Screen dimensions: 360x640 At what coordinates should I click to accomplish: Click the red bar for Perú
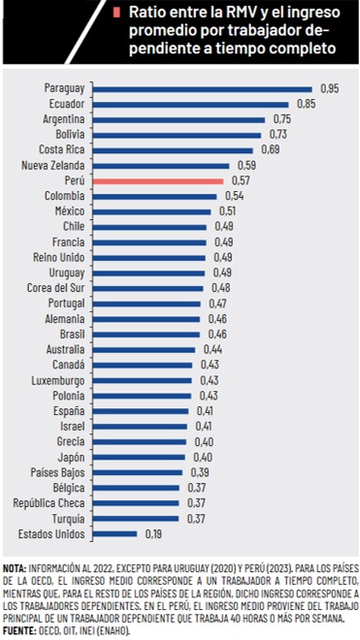click(158, 181)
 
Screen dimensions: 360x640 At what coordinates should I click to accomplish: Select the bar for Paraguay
click(203, 89)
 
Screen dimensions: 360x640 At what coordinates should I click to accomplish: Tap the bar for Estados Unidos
click(115, 533)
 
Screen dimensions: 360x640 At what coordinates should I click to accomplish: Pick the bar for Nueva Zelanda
click(161, 166)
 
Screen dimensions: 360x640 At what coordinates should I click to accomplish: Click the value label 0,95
click(329, 88)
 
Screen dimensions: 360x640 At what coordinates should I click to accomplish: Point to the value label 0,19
click(153, 533)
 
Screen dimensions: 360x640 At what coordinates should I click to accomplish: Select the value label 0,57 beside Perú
click(241, 180)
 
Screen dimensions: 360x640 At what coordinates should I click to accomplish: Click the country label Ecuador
click(67, 104)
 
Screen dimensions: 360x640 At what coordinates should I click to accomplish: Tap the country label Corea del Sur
click(55, 288)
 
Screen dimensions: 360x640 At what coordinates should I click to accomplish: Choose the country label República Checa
click(49, 503)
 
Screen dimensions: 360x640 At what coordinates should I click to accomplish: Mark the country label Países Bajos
click(57, 472)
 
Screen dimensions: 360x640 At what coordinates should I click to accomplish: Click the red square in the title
click(117, 13)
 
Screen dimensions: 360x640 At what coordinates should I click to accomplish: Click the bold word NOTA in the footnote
click(15, 568)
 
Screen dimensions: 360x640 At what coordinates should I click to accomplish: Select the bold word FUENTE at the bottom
click(20, 631)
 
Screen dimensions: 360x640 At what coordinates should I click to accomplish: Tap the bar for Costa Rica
click(173, 150)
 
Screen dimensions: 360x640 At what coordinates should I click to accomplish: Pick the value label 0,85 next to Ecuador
click(306, 104)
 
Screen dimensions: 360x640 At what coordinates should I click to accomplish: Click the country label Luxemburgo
click(58, 381)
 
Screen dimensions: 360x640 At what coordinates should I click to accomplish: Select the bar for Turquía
click(136, 519)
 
